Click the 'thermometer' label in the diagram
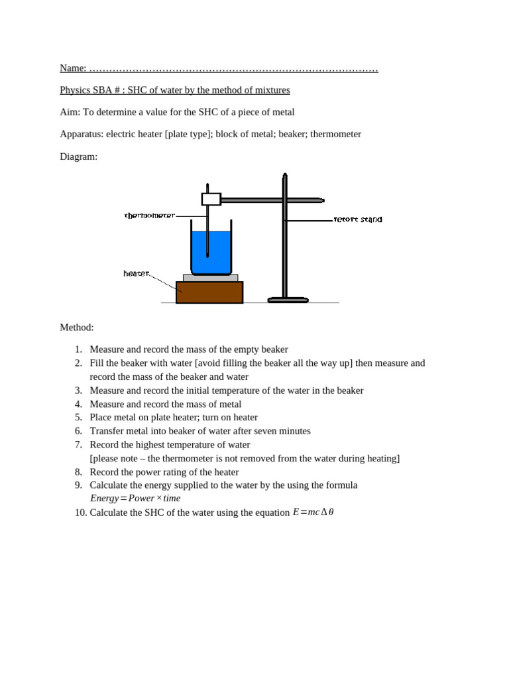point(150,216)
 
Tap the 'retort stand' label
point(358,219)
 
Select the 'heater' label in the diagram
point(137,273)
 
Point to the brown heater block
point(209,292)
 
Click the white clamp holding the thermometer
point(211,199)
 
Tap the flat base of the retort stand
point(288,300)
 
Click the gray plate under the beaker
point(210,278)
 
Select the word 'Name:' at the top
point(73,68)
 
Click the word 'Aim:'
point(70,112)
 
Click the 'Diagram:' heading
point(78,156)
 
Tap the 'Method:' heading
point(77,327)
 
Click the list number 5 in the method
point(78,417)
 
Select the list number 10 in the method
point(80,513)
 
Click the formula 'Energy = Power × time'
point(135,498)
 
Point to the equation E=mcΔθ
point(313,512)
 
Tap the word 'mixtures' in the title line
point(272,90)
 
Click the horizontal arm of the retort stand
point(272,200)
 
